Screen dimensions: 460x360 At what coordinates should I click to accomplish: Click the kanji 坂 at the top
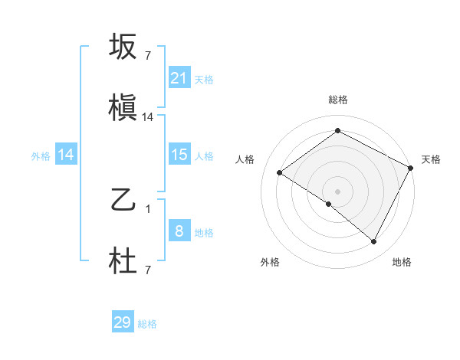[123, 47]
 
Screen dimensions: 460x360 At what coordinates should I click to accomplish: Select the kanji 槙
[123, 109]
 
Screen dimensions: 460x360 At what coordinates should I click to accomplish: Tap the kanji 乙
[123, 201]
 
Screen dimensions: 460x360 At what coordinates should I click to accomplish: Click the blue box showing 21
[179, 77]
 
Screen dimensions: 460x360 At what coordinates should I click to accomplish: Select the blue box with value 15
[179, 155]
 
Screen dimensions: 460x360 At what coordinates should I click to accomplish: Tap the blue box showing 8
[179, 231]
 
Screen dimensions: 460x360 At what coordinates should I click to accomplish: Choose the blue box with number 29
[123, 322]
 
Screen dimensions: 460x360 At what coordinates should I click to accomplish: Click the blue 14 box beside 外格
[66, 155]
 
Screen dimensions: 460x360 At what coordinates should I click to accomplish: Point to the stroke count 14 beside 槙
[148, 117]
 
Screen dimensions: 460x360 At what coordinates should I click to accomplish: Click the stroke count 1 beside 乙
[148, 208]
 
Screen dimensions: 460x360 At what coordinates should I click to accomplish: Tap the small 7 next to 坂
[148, 55]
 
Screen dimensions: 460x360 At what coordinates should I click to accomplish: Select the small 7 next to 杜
[148, 270]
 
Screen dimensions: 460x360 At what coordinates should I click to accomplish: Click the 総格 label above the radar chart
[337, 100]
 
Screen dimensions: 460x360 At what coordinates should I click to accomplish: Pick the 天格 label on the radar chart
[431, 159]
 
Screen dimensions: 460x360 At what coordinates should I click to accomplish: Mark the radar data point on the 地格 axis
[374, 242]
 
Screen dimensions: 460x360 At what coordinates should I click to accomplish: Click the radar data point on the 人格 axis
[280, 172]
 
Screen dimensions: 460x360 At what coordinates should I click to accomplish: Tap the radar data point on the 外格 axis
[329, 204]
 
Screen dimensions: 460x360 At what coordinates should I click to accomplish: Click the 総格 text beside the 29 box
[147, 324]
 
